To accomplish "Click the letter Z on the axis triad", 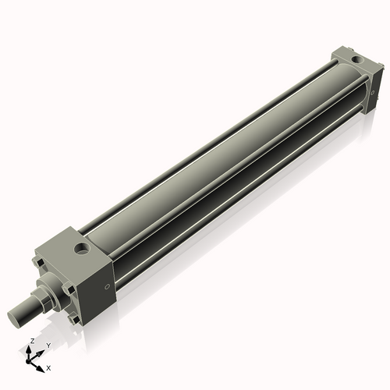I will pos(31,342).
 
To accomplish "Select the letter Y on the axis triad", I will pos(48,345).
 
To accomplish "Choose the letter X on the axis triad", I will pos(48,367).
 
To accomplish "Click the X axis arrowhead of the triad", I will pos(41,363).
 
